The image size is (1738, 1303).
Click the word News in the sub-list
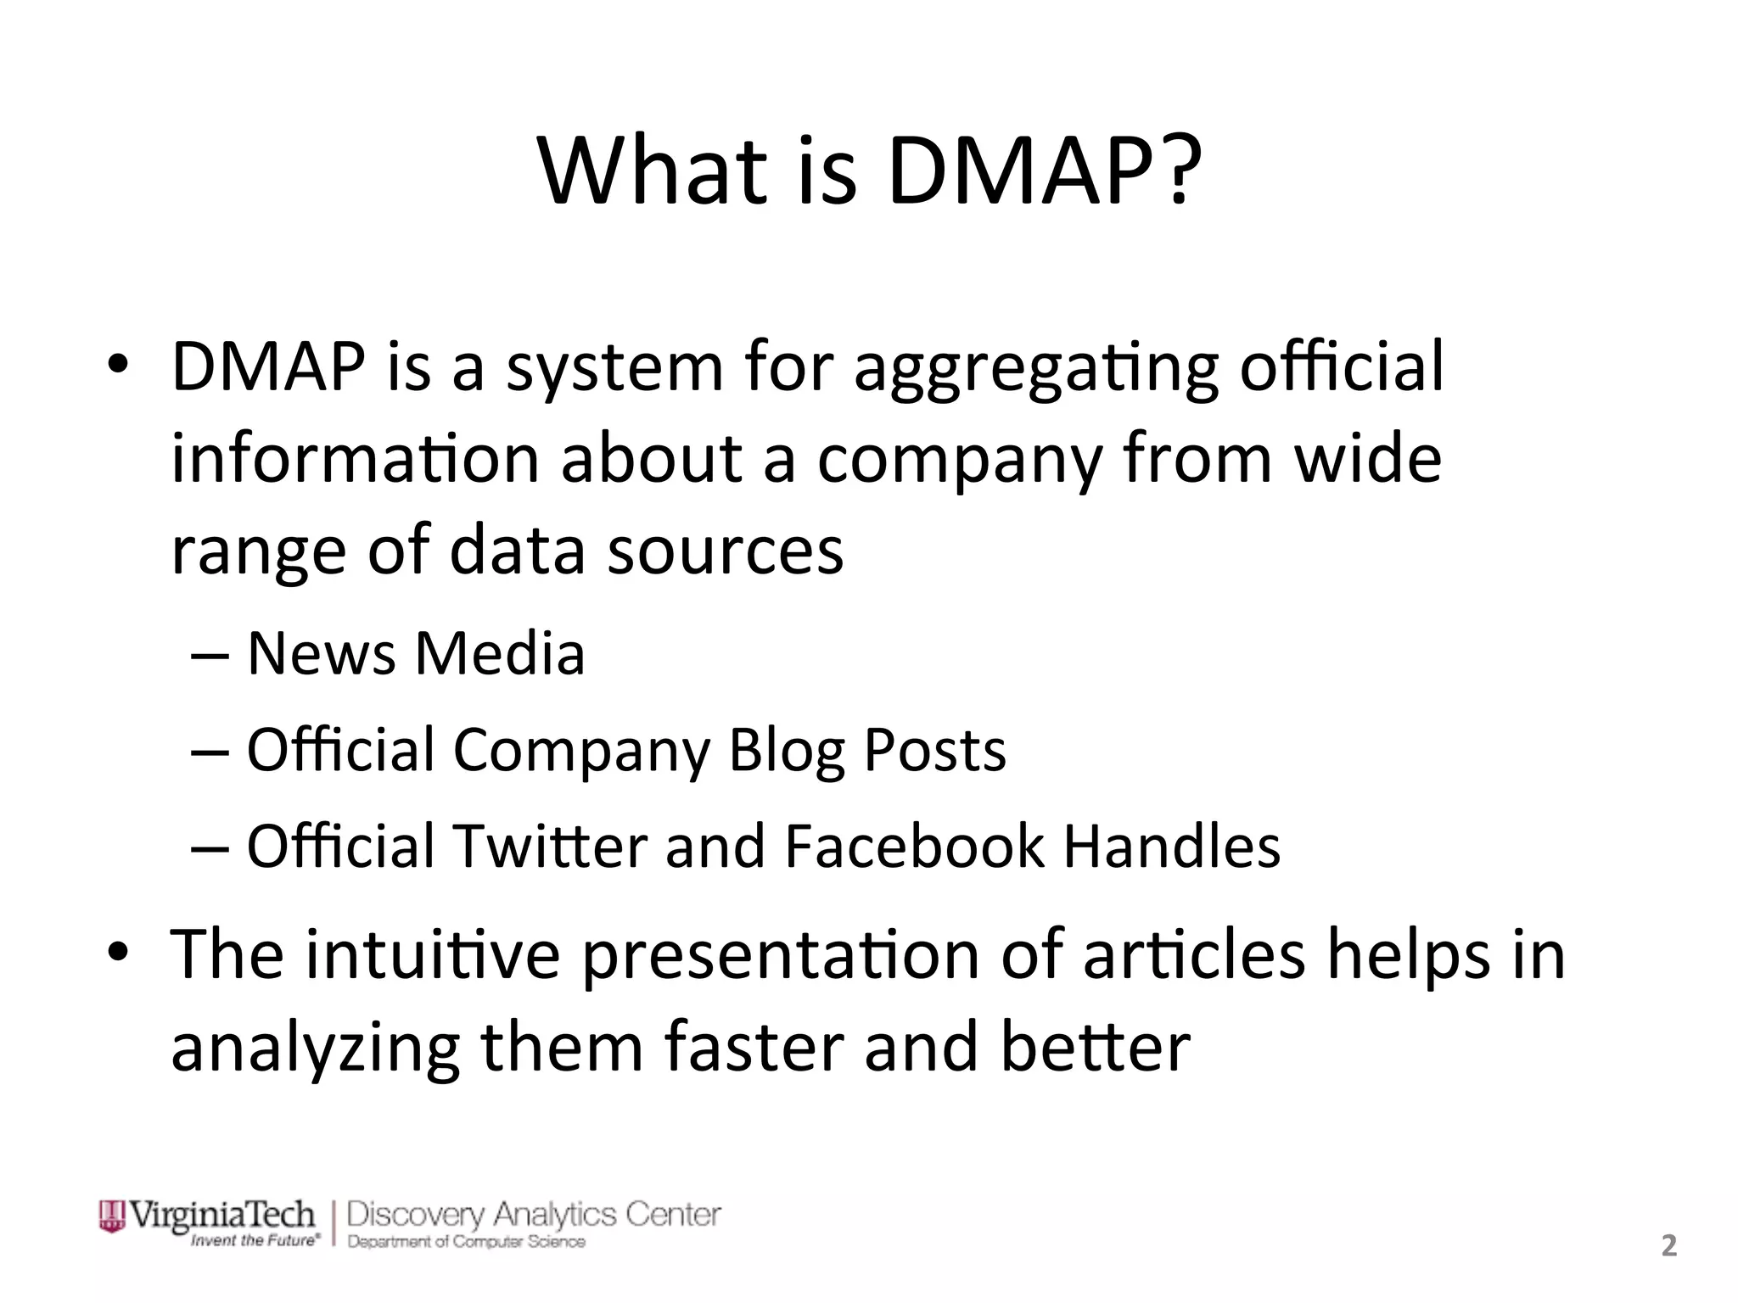point(321,654)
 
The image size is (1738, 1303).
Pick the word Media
point(500,654)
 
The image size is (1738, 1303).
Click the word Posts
point(934,750)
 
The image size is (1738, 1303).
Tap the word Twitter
point(551,846)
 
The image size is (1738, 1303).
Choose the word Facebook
point(914,846)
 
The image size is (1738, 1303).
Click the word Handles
point(1171,846)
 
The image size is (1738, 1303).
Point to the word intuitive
point(433,954)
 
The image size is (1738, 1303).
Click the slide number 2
point(1668,1245)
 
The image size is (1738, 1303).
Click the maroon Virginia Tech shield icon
point(111,1216)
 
